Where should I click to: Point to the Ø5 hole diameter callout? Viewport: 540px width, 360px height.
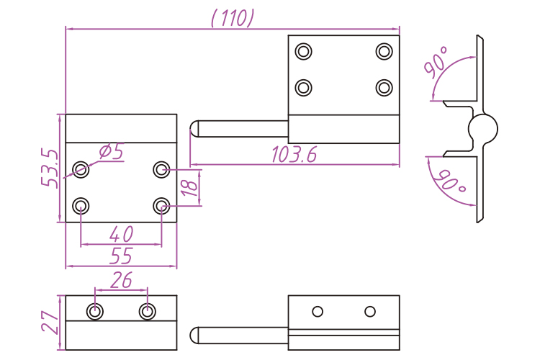point(109,151)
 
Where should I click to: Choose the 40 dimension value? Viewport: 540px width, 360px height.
point(121,235)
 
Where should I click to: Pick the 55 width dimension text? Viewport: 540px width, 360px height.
point(121,256)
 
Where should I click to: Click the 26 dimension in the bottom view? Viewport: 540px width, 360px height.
point(121,280)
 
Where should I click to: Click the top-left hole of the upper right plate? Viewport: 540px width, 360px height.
point(304,51)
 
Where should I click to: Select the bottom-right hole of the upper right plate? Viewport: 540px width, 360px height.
point(384,87)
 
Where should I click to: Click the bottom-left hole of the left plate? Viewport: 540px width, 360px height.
point(81,207)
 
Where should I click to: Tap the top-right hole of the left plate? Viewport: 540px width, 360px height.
point(161,170)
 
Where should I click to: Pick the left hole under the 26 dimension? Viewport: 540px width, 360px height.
point(95,311)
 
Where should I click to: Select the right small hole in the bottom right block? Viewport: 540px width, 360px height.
point(370,311)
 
